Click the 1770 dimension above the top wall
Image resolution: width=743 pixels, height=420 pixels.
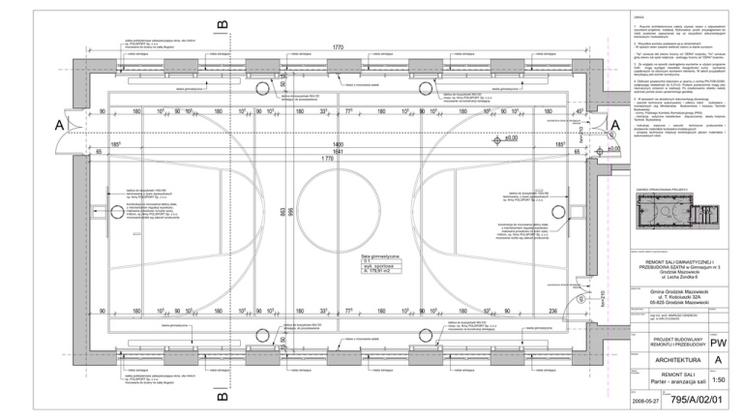click(339, 46)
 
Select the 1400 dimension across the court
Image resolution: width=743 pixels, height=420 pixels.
click(339, 143)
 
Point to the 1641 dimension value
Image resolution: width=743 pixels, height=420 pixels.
click(339, 151)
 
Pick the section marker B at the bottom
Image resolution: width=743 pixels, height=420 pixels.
click(223, 395)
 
